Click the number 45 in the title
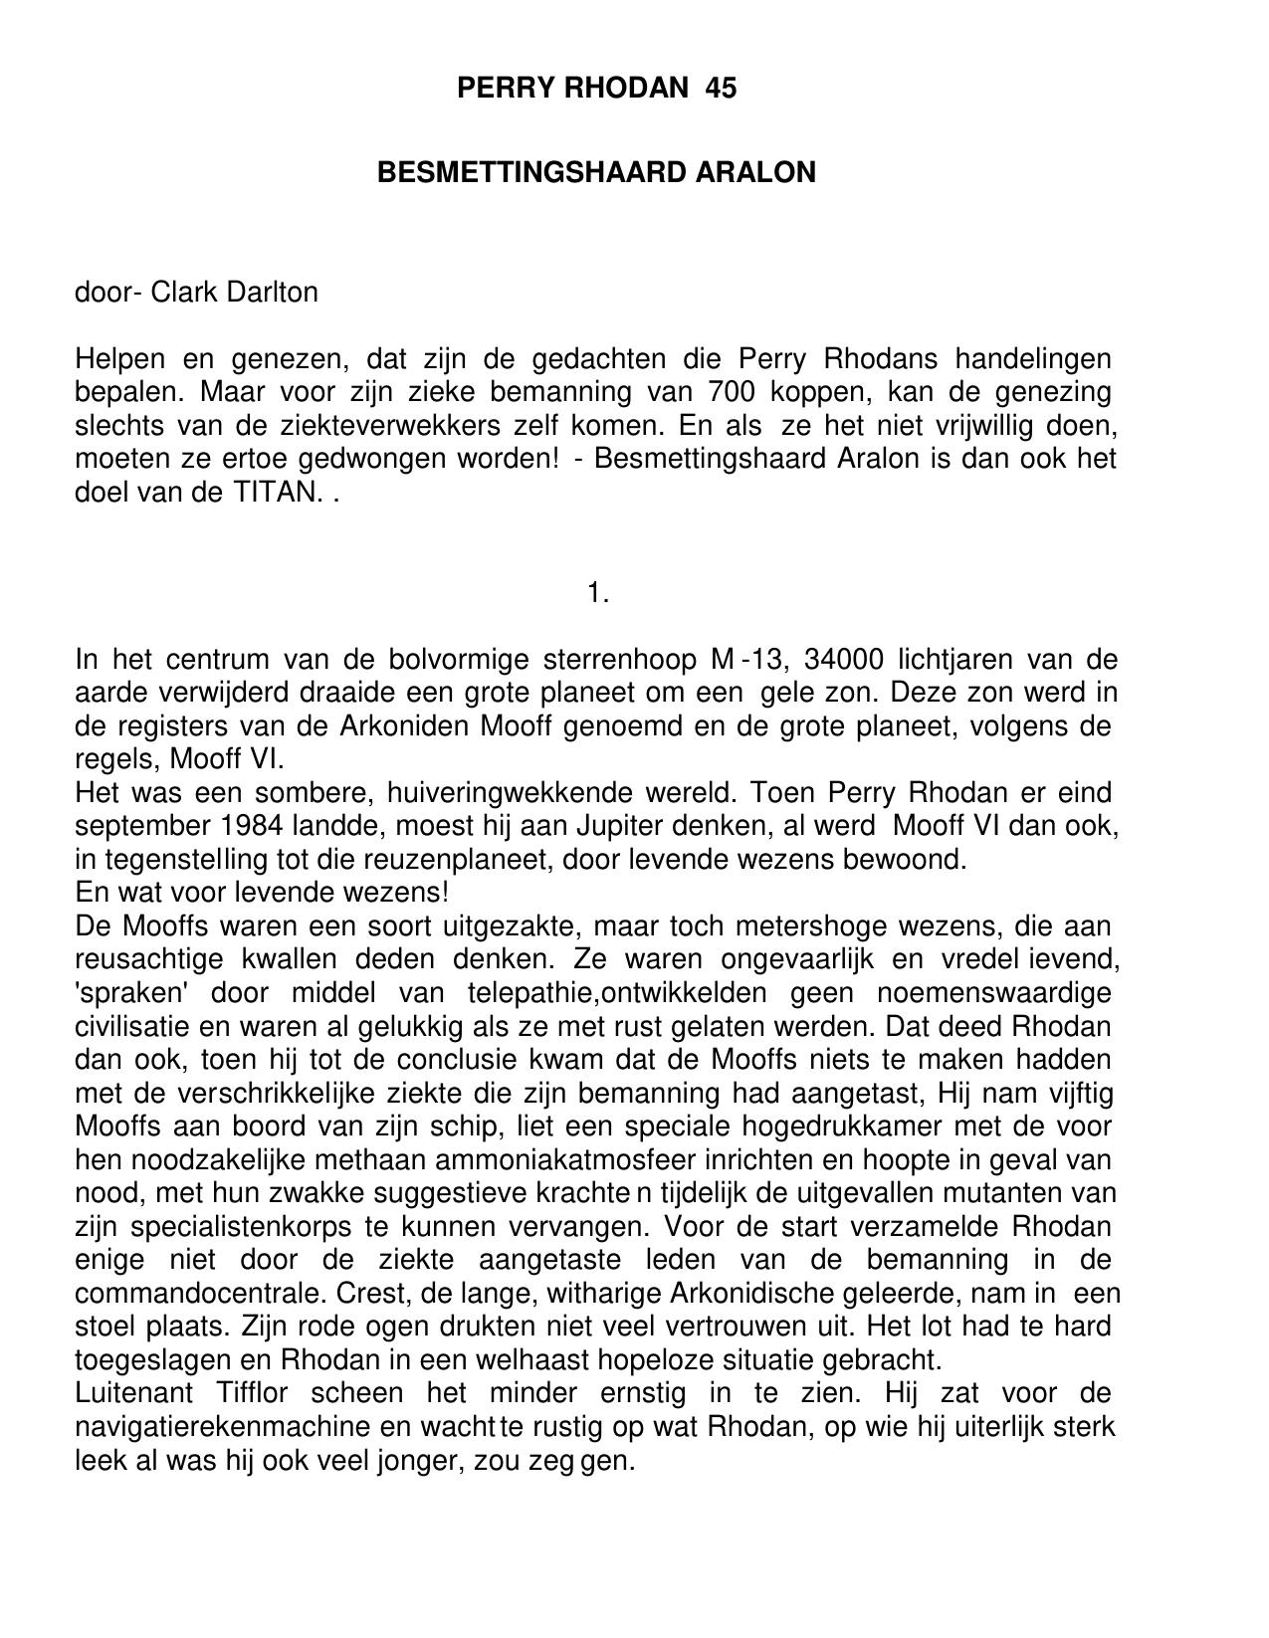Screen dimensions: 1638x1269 (721, 89)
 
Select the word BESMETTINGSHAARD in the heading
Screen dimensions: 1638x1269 (531, 173)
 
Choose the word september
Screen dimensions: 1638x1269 (137, 826)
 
